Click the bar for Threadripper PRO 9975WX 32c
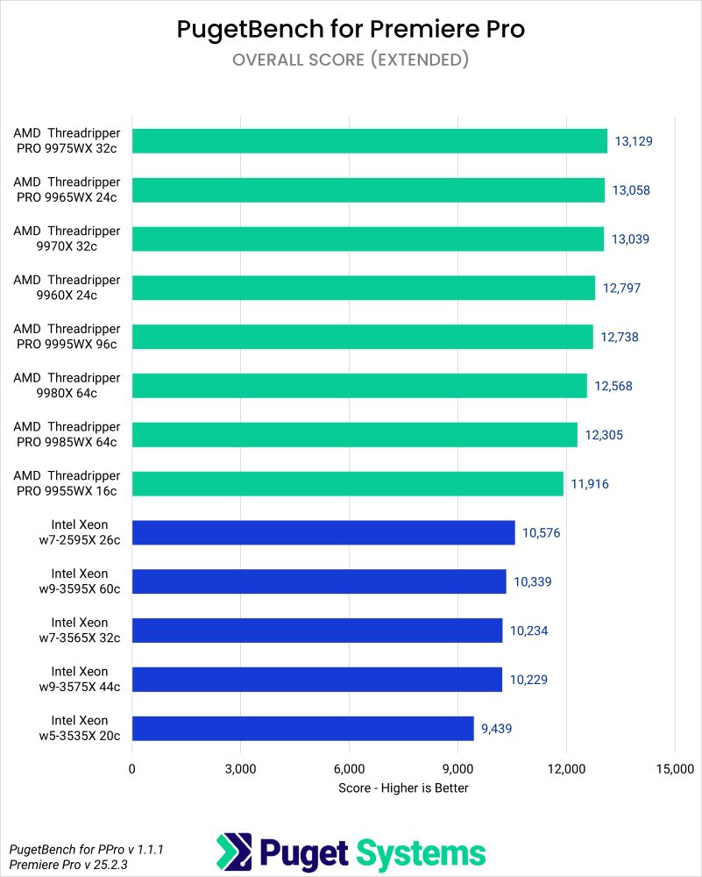[369, 140]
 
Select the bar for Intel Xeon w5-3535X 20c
[302, 728]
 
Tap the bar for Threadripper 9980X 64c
[359, 386]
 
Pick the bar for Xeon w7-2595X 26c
[323, 532]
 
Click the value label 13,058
[632, 190]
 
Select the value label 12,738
[620, 337]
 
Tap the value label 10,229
[529, 680]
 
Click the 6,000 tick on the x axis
[349, 769]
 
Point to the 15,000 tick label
[674, 769]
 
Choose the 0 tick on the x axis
[132, 769]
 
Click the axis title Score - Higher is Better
[403, 788]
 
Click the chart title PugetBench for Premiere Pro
[351, 29]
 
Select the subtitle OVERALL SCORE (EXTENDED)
[351, 60]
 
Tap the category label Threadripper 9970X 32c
[67, 239]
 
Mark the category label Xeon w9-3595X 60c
[80, 581]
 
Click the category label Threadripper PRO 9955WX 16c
[67, 483]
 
